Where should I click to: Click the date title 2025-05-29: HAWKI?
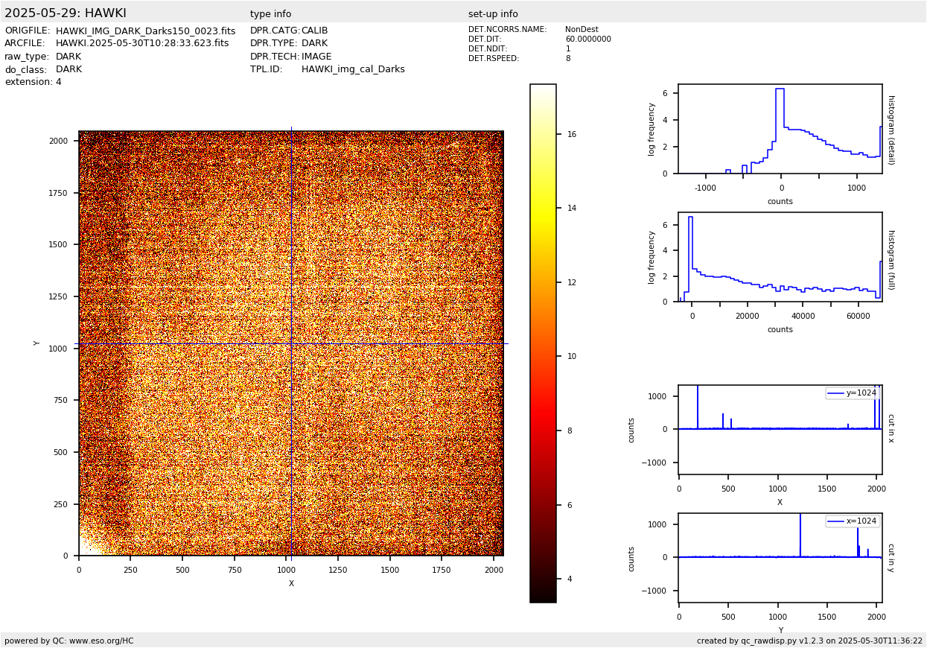tap(66, 13)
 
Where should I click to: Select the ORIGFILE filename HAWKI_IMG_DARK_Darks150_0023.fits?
tap(145, 31)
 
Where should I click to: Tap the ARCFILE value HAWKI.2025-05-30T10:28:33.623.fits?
tap(142, 44)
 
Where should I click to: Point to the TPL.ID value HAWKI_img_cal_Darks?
tap(353, 69)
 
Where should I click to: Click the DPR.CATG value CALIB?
tap(314, 31)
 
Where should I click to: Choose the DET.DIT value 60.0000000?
tap(587, 39)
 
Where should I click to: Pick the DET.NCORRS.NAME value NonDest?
tap(582, 30)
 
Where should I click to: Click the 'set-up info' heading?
tap(493, 14)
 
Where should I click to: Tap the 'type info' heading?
tap(270, 14)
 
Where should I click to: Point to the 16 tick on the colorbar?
tap(572, 135)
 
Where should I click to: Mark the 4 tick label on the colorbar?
tap(570, 579)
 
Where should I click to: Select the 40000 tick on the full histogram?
tap(803, 316)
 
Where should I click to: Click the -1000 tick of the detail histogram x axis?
tap(706, 188)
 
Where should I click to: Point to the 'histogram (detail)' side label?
tap(891, 130)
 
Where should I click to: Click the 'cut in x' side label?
tap(891, 428)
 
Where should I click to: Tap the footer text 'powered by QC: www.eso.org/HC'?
tap(69, 641)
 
